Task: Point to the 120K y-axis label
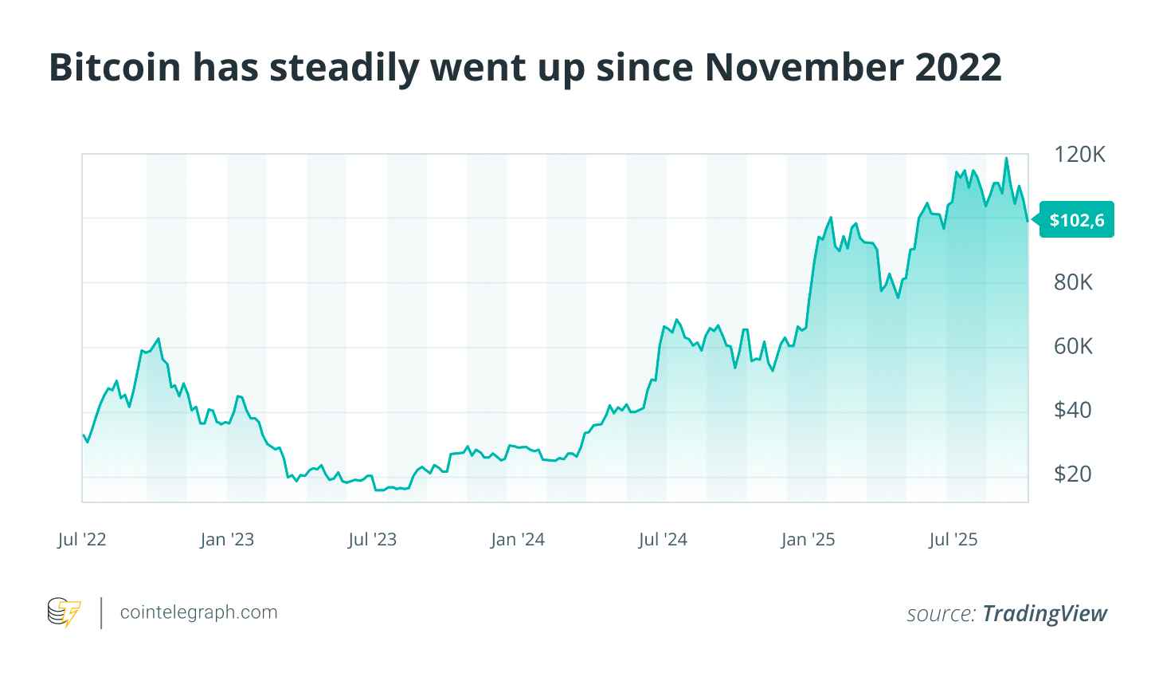point(1079,155)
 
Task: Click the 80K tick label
point(1073,282)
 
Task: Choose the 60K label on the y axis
point(1073,346)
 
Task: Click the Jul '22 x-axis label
point(82,540)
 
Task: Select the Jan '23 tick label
point(227,540)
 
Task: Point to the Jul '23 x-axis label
point(372,540)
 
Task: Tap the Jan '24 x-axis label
point(518,540)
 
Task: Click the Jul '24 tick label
point(663,540)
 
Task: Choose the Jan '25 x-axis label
point(808,540)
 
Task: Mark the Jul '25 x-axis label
point(953,540)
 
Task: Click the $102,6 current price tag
point(1076,220)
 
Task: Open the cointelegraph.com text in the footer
point(198,612)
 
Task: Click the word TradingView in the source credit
point(1044,613)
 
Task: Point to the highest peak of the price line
point(1006,158)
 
